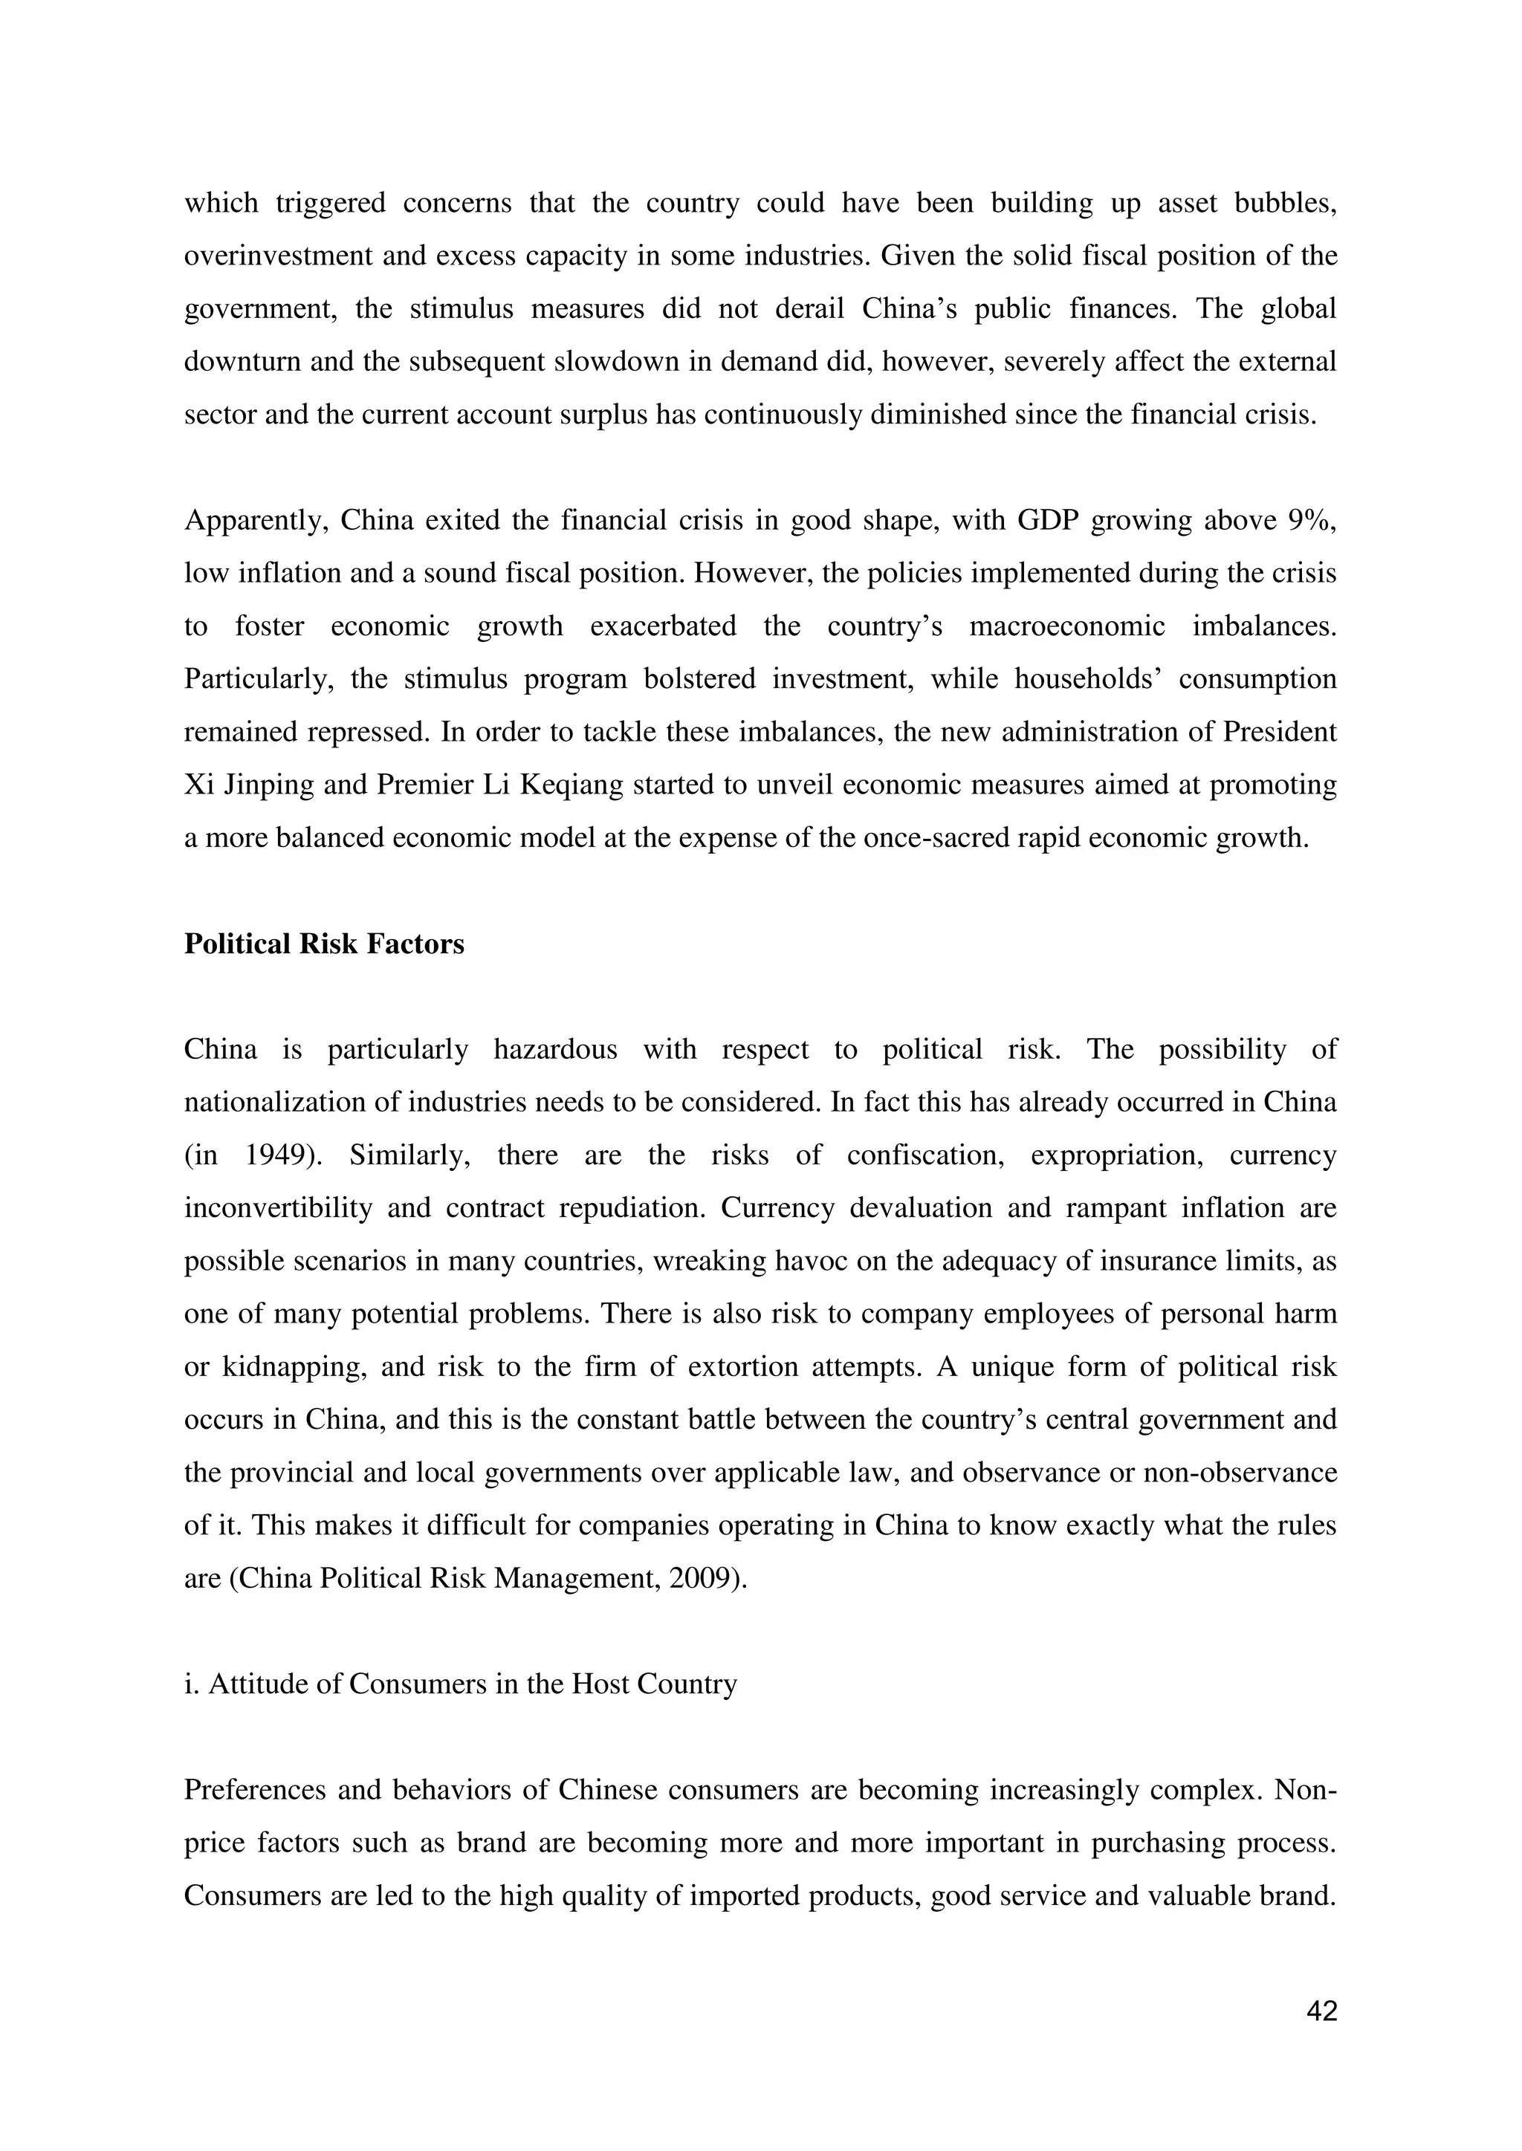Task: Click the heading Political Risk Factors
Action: point(323,944)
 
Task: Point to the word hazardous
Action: point(555,1049)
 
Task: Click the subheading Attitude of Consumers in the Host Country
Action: point(460,1684)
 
